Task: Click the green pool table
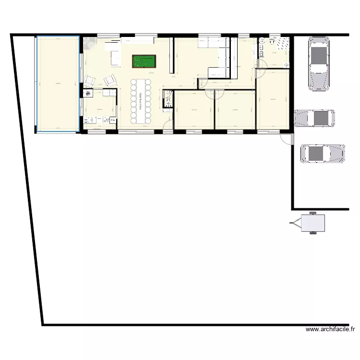[144, 61]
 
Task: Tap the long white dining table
[140, 100]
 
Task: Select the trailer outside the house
[312, 222]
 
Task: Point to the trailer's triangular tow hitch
[294, 222]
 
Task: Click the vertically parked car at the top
[319, 65]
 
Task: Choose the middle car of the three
[314, 118]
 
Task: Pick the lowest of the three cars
[322, 154]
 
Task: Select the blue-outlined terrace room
[57, 84]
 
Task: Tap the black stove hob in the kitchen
[88, 94]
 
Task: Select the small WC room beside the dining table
[168, 99]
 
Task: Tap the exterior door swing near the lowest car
[287, 139]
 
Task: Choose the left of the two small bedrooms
[193, 110]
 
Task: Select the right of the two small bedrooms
[235, 110]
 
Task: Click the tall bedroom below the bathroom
[273, 99]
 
